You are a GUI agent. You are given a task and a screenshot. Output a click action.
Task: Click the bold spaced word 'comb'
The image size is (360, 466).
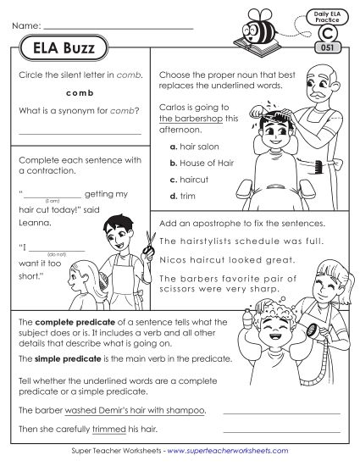click(78, 92)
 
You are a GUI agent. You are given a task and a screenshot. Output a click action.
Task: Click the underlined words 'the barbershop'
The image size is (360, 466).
click(186, 120)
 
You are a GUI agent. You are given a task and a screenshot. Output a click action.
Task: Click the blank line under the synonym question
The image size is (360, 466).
click(79, 134)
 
